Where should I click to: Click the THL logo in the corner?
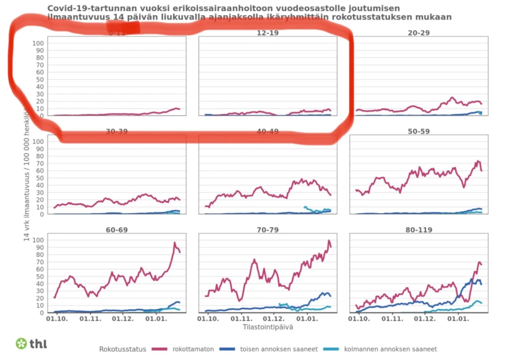click(32, 343)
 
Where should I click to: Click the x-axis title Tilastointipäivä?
click(268, 327)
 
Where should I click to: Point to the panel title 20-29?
click(418, 33)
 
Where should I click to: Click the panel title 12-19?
click(268, 33)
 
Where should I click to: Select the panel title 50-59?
click(418, 131)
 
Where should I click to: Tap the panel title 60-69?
click(117, 230)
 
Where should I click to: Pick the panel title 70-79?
click(268, 230)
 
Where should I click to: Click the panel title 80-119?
click(418, 230)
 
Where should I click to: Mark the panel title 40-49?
click(268, 131)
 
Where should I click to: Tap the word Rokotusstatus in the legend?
click(123, 349)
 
